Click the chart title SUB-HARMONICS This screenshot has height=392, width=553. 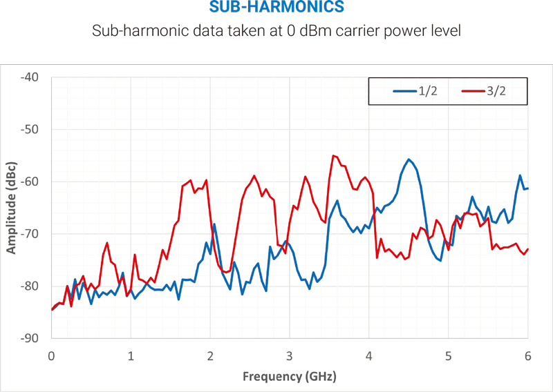276,9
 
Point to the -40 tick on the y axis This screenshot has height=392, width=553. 32,77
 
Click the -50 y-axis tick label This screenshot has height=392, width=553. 32,130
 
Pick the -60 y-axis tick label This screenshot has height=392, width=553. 32,182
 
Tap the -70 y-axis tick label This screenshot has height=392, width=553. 32,234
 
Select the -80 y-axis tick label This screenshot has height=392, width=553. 32,286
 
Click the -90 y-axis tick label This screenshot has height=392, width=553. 32,338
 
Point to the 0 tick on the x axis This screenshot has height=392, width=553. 51,356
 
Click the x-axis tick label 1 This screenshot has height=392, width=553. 131,356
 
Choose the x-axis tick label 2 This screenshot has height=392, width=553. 210,356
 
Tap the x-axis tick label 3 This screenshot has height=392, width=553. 290,356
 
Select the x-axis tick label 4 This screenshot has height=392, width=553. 369,356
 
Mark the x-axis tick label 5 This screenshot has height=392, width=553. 449,356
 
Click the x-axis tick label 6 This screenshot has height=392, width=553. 528,356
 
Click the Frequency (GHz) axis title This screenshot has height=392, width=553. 290,377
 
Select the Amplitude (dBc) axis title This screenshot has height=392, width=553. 12,208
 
